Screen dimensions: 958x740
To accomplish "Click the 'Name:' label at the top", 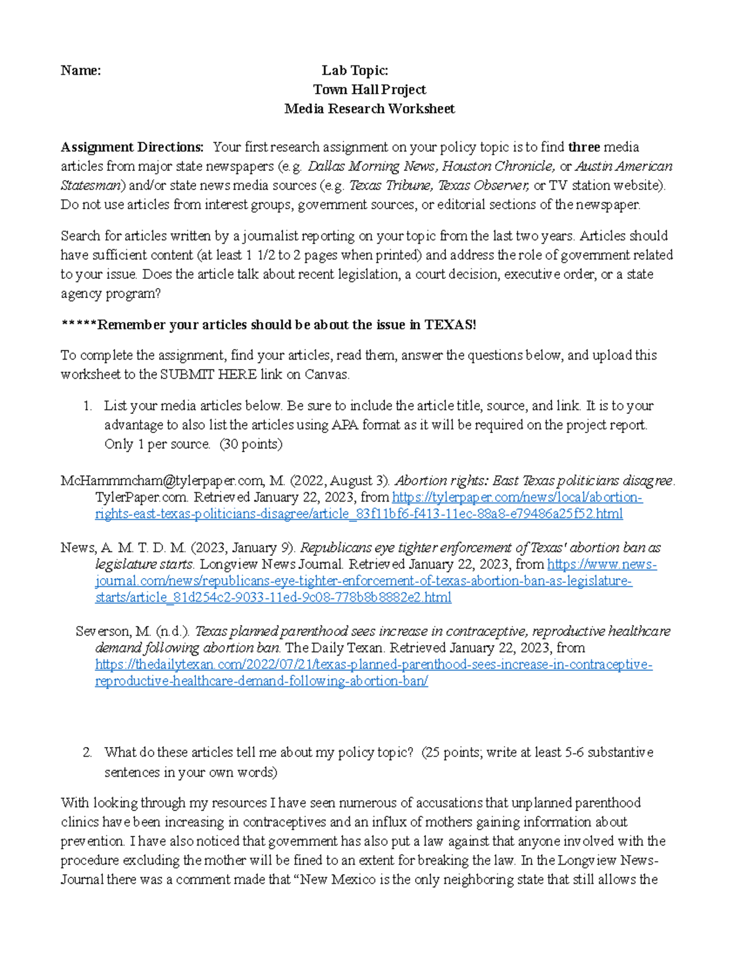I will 81,70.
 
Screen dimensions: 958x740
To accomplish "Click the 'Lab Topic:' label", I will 355,70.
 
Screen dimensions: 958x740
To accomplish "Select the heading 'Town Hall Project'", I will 369,89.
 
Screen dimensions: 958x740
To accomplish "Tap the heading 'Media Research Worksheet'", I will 369,109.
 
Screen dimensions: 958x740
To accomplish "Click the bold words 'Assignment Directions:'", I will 132,147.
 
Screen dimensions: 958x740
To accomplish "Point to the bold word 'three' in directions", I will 583,147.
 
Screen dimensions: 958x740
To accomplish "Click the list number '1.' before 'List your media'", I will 87,405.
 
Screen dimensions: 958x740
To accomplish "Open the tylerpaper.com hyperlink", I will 517,497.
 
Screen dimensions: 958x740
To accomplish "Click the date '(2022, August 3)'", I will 340,481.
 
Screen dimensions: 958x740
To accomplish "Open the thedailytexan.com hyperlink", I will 373,664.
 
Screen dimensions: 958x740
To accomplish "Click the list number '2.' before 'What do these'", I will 87,752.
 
